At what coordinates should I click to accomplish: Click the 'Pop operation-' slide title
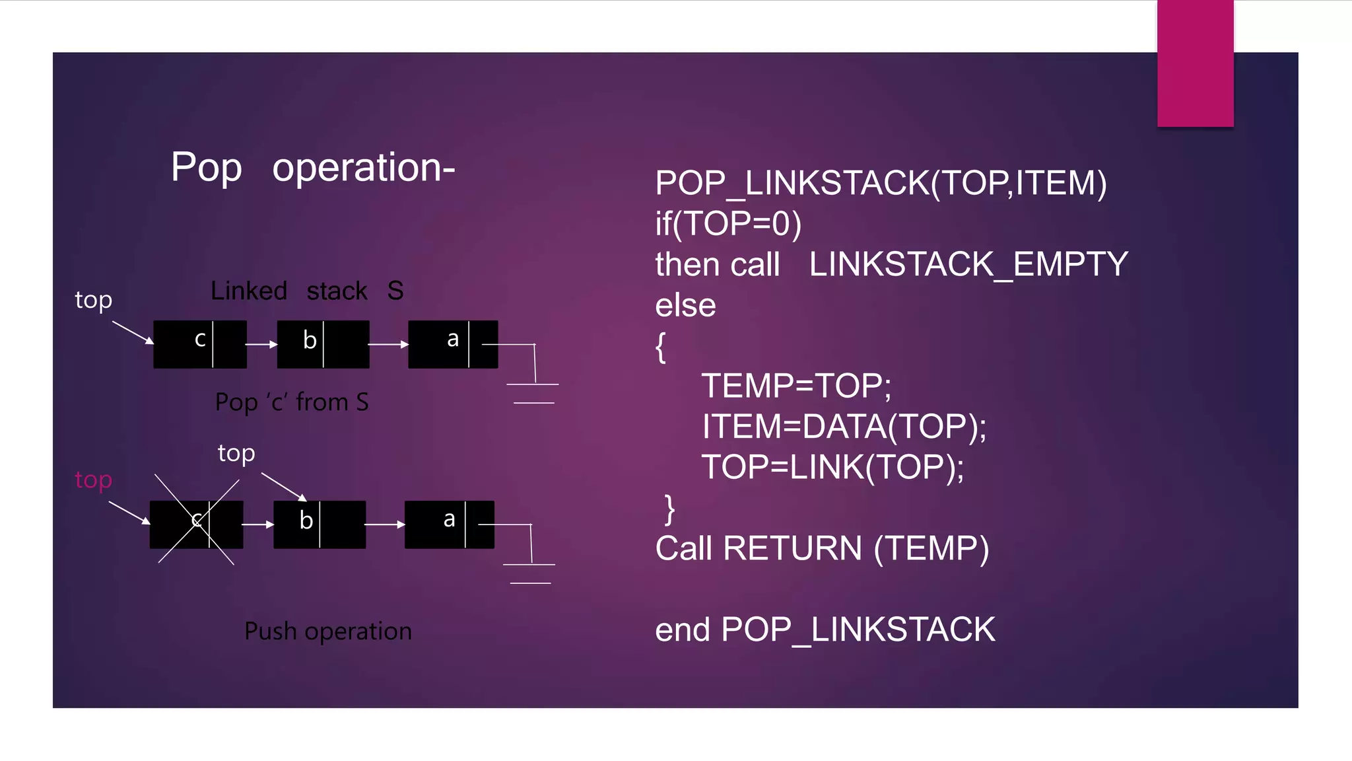point(313,167)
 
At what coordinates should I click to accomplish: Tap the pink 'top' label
point(93,480)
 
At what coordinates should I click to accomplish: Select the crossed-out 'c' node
point(196,524)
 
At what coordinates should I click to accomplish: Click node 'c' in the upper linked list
point(200,344)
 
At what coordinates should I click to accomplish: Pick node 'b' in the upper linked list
point(323,344)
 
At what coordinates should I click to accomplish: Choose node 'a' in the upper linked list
point(453,344)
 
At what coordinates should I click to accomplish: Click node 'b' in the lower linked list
point(320,524)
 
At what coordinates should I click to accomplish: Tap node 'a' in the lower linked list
point(449,524)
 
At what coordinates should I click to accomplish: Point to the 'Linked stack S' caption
point(307,291)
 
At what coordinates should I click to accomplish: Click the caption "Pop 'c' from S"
point(292,402)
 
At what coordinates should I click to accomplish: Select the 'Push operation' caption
point(327,631)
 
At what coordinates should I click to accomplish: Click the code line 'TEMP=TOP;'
point(796,386)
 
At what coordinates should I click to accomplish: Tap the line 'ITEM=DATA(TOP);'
point(844,427)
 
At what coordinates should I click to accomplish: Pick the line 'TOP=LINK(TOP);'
point(832,468)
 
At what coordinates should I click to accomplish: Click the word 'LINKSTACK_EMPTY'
point(968,264)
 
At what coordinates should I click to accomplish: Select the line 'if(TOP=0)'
point(728,224)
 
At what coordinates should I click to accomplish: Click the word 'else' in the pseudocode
point(685,305)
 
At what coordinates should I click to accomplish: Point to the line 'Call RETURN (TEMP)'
point(822,549)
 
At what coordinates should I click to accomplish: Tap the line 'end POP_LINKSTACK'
point(825,630)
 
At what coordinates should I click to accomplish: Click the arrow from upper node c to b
point(261,344)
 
